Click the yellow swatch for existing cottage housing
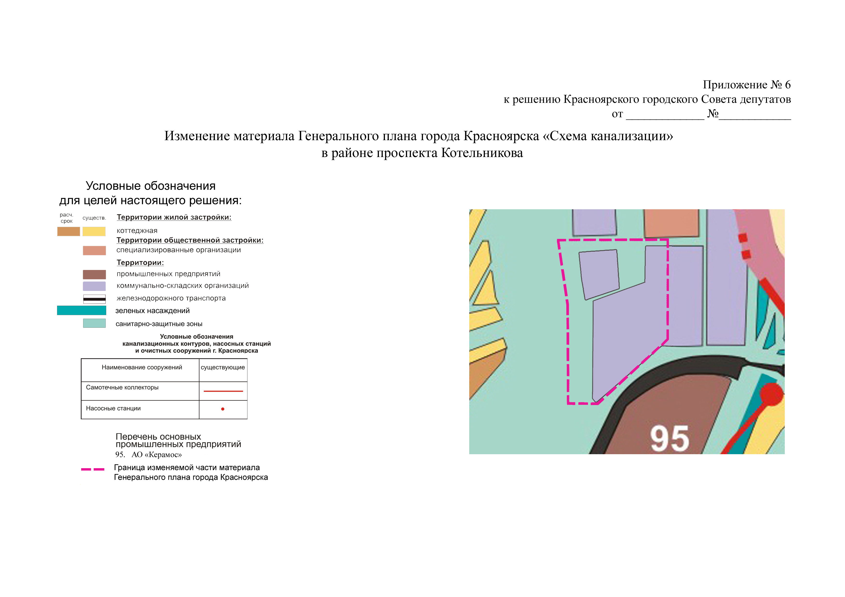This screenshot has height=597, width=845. (94, 231)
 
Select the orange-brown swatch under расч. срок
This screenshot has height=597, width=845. (68, 231)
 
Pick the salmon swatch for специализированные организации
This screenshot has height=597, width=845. (94, 250)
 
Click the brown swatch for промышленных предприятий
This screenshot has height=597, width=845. (94, 274)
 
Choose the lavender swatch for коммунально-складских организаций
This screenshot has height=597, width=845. (94, 286)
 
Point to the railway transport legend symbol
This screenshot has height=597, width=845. (94, 299)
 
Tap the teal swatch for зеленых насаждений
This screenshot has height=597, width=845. (81, 310)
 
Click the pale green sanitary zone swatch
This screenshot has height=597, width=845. (94, 323)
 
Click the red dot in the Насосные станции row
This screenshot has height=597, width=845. (223, 409)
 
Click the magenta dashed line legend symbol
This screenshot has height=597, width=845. (93, 469)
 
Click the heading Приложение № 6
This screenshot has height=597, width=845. (747, 85)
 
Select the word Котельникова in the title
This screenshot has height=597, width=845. (482, 153)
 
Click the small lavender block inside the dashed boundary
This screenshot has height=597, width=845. (599, 274)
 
